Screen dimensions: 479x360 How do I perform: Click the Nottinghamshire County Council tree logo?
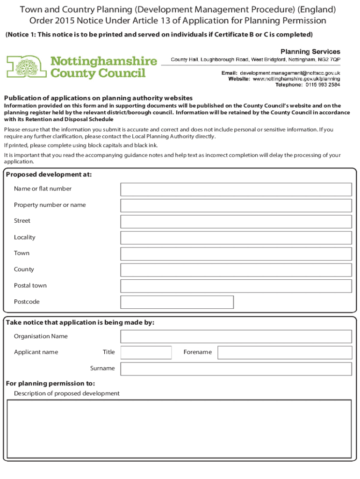point(26,66)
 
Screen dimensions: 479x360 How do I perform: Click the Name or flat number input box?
point(236,189)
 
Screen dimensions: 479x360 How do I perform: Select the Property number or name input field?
point(236,205)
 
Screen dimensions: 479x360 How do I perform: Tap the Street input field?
point(236,221)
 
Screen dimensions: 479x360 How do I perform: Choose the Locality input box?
point(236,238)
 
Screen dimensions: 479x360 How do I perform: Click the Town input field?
point(236,254)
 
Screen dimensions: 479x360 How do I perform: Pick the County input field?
point(236,270)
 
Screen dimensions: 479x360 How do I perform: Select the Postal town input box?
point(236,286)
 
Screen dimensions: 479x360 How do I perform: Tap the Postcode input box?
point(177,302)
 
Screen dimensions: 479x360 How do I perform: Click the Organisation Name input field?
point(236,336)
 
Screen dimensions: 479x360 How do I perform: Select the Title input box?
point(146,352)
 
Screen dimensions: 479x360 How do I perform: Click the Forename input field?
point(285,352)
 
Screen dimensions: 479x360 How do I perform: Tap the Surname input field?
point(236,369)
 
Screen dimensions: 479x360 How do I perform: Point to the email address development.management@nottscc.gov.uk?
point(290,73)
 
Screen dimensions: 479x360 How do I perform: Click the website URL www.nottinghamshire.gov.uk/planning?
point(296,79)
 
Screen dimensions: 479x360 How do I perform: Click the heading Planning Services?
point(310,51)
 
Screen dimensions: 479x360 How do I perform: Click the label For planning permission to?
point(50,384)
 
